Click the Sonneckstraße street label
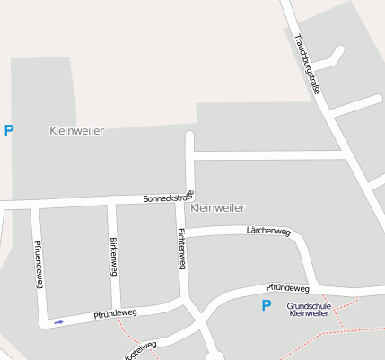[169, 198]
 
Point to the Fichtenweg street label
[182, 247]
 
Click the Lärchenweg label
[268, 232]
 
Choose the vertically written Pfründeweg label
[39, 264]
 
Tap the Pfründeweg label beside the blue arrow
[115, 315]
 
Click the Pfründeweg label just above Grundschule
[287, 288]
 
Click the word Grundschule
[309, 306]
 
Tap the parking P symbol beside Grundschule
[266, 306]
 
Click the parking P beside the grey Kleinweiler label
[9, 131]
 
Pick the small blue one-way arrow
[59, 322]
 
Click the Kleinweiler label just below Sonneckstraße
[218, 207]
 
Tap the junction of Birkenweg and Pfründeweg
[117, 309]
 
